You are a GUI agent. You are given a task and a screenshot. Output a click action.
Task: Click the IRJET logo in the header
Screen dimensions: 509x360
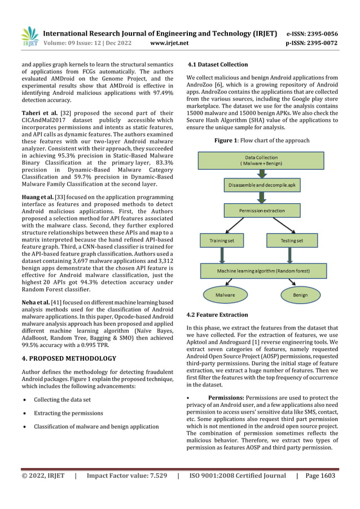(x=29, y=37)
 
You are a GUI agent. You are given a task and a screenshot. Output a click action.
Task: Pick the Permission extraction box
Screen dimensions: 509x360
(x=262, y=210)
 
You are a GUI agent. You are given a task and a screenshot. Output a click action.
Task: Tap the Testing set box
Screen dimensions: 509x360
(x=292, y=241)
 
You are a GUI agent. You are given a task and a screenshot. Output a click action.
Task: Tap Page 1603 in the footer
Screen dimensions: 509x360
(x=321, y=476)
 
